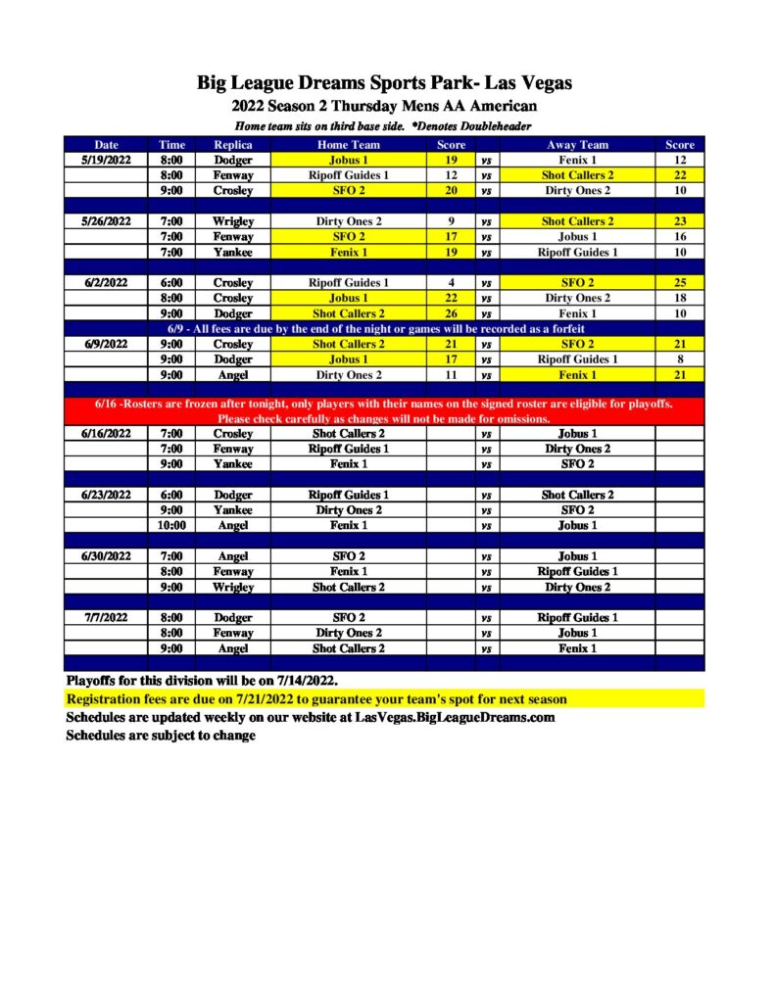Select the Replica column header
(x=233, y=145)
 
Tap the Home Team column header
(x=348, y=145)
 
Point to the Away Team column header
(x=577, y=145)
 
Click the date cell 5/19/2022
(x=106, y=160)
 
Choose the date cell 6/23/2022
(x=106, y=495)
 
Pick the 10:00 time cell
(x=171, y=526)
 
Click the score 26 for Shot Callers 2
(x=451, y=313)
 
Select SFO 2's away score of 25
(x=679, y=283)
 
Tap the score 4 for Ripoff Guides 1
(x=451, y=283)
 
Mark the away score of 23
(x=679, y=221)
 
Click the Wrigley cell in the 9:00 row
(x=233, y=588)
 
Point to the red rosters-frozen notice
(x=384, y=410)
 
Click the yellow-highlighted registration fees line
(x=315, y=699)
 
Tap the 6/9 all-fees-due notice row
(x=384, y=329)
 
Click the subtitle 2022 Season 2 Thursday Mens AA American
(x=384, y=106)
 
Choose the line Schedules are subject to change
(x=161, y=736)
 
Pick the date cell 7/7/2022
(x=106, y=618)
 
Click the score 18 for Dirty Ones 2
(x=679, y=298)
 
